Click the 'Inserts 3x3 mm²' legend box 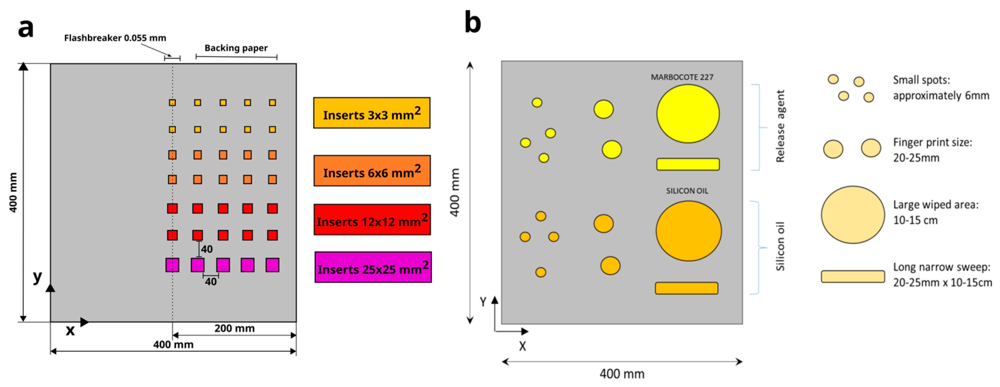coord(371,113)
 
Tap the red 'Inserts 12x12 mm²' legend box coord(372,220)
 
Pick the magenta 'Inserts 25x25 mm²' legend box coord(373,267)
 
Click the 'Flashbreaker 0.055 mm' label coord(115,38)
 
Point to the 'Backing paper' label coord(236,48)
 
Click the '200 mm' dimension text coord(234,328)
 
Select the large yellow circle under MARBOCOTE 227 coord(688,114)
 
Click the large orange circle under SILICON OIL coord(688,231)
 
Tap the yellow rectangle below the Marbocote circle coord(688,164)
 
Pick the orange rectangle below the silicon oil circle coord(686,288)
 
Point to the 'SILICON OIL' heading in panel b coord(687,191)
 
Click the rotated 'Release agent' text coord(780,126)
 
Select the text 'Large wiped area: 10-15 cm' coord(936,212)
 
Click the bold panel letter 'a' coord(26,28)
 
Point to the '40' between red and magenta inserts coord(207,249)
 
